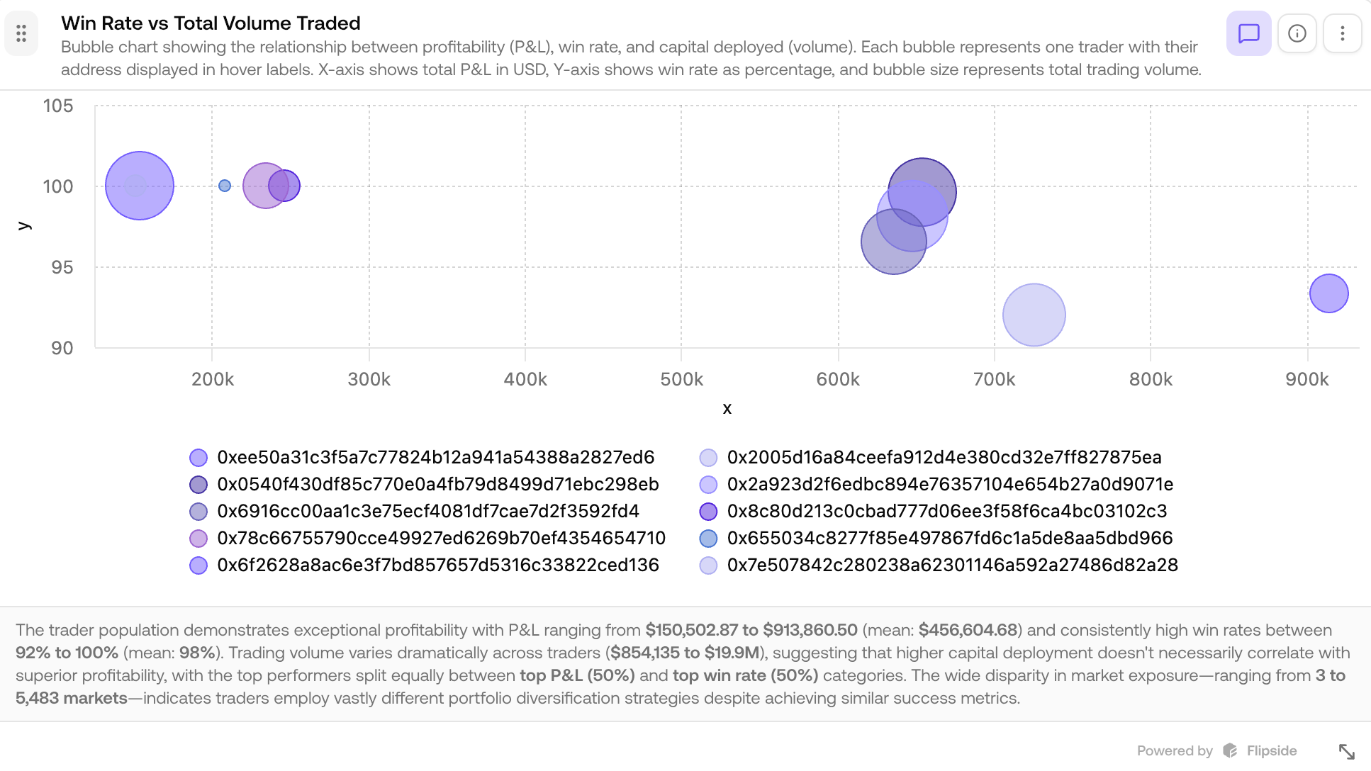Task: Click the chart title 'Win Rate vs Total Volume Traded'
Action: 211,23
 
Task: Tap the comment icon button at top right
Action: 1248,33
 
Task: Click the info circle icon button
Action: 1297,33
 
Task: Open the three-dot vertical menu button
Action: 1342,33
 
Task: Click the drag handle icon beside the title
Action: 21,33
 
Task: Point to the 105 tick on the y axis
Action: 58,106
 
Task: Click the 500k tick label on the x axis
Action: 681,380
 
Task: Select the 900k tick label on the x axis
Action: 1306,380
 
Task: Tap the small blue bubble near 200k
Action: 225,186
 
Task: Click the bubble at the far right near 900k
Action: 1328,293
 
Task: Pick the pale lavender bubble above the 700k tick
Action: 1034,315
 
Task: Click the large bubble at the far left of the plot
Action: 140,186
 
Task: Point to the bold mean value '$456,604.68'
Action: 968,630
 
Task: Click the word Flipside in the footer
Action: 1271,751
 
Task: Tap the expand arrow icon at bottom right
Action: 1346,751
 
